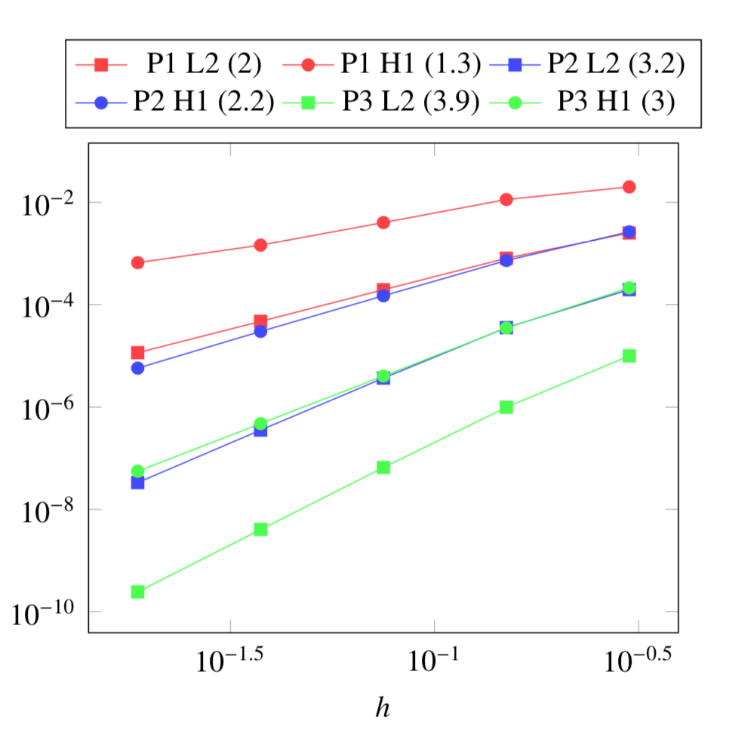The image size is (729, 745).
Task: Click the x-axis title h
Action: click(383, 707)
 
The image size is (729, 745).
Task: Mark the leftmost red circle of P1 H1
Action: click(137, 262)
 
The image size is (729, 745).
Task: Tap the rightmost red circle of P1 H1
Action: click(629, 186)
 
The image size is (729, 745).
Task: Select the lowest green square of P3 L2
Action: click(137, 592)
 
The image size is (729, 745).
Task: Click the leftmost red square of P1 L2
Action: click(137, 353)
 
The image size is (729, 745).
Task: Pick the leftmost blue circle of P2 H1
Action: click(137, 368)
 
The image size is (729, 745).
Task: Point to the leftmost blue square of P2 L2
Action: click(137, 483)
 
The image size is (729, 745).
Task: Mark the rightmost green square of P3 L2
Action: click(629, 355)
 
